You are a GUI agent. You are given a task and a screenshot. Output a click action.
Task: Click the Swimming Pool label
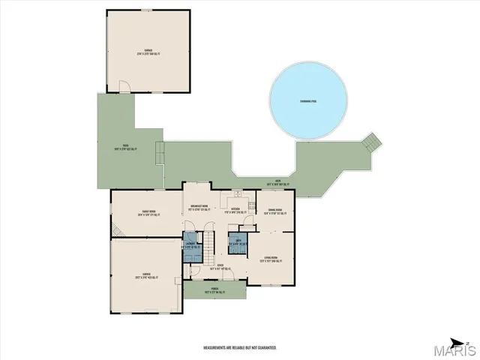coord(308,100)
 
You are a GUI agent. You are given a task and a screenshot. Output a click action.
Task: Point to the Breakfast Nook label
coord(199,208)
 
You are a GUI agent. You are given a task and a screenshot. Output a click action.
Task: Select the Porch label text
coord(215,291)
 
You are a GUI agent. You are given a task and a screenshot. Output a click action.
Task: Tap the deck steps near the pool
coord(372,142)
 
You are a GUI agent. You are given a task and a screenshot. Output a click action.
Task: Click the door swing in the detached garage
coord(129,88)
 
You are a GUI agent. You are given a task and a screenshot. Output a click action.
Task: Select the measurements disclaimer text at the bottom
coord(240,348)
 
